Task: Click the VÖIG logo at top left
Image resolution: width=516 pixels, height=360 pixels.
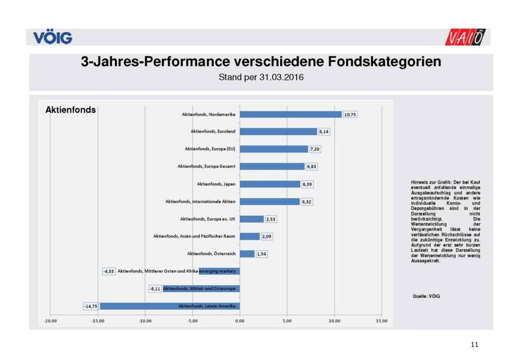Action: (52, 37)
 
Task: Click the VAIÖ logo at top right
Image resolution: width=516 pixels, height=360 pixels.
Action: (467, 37)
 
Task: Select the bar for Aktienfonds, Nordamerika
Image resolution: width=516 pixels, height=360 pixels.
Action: (290, 114)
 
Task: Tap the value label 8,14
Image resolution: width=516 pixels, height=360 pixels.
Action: (325, 131)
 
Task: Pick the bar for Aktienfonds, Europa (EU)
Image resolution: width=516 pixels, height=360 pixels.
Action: (274, 149)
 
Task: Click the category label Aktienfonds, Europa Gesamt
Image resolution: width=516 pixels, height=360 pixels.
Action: (207, 166)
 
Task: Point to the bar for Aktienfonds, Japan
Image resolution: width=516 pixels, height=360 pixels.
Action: (270, 184)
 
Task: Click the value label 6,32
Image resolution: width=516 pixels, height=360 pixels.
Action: (307, 201)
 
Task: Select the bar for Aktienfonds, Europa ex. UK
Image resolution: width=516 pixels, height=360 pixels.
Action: (251, 219)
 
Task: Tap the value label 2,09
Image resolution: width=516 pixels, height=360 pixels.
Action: (267, 236)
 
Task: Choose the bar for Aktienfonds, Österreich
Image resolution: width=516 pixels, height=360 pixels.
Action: (247, 254)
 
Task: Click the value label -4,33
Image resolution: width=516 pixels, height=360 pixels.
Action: (109, 271)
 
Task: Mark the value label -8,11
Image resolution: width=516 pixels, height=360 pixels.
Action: (155, 289)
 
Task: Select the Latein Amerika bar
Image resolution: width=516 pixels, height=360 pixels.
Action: (169, 306)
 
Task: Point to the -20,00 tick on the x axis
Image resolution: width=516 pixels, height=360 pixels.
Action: (50, 321)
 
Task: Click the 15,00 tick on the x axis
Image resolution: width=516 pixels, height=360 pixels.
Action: (381, 321)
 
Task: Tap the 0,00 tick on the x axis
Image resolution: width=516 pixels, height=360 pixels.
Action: (239, 321)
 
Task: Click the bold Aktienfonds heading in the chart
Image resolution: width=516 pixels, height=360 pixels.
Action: (71, 110)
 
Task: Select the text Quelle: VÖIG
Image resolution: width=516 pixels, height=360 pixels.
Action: (426, 296)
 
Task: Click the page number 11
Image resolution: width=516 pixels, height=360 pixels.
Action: (474, 344)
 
